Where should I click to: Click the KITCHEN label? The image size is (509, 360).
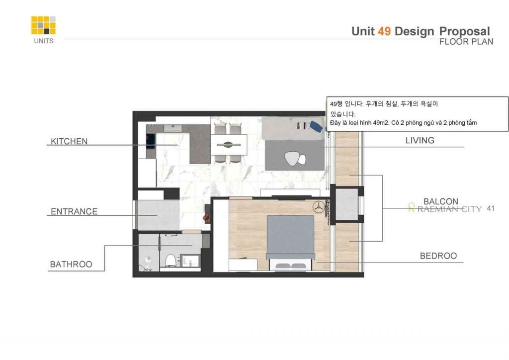point(69,141)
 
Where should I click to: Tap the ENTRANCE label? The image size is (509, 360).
point(74,212)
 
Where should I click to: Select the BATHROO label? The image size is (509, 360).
point(71,264)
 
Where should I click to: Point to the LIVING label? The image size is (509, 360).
point(420,140)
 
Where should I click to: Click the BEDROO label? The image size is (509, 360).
point(438,256)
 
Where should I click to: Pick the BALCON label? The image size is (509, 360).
point(441,201)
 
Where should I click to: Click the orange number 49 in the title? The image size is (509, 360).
point(384,31)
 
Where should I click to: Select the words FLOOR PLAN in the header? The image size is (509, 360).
point(466,42)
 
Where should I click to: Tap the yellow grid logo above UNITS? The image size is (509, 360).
point(43,25)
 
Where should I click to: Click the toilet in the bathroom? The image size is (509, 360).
point(170,261)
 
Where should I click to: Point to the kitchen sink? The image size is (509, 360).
point(172,128)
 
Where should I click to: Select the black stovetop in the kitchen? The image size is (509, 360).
point(150,141)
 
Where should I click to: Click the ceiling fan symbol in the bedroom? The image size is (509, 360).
point(319,207)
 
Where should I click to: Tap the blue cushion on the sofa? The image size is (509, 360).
point(316,126)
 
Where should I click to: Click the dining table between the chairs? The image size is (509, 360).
point(229,145)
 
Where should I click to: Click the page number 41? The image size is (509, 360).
point(491,208)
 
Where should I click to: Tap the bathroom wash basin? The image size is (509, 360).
point(190,261)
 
